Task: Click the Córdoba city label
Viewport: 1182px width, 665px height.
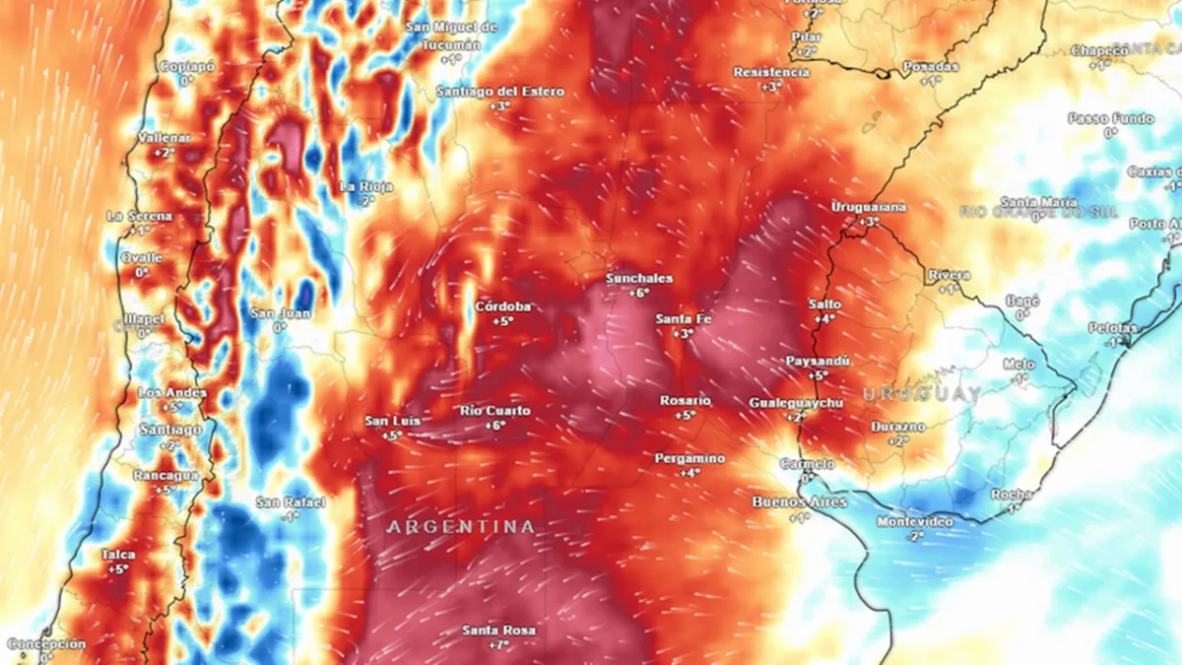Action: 503,306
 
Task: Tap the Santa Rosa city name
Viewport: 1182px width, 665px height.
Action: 499,631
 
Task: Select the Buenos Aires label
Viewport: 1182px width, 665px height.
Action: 799,501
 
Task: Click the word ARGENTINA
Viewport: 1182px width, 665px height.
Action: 461,527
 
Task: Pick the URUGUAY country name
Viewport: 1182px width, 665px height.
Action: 922,394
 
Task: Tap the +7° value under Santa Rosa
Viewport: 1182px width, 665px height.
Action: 499,645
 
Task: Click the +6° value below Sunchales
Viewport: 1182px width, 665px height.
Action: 640,293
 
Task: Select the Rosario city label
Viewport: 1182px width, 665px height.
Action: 686,400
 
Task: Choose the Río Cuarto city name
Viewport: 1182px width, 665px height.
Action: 495,410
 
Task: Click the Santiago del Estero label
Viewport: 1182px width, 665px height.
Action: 500,92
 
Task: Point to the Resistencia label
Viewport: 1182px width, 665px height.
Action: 771,72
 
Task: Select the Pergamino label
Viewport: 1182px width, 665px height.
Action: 689,458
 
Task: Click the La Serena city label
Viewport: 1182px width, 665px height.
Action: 139,216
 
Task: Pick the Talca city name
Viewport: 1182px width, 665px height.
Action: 118,555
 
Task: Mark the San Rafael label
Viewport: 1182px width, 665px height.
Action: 291,502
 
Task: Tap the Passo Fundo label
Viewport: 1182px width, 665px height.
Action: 1110,118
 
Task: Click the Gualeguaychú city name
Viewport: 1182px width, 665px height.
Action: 796,404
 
